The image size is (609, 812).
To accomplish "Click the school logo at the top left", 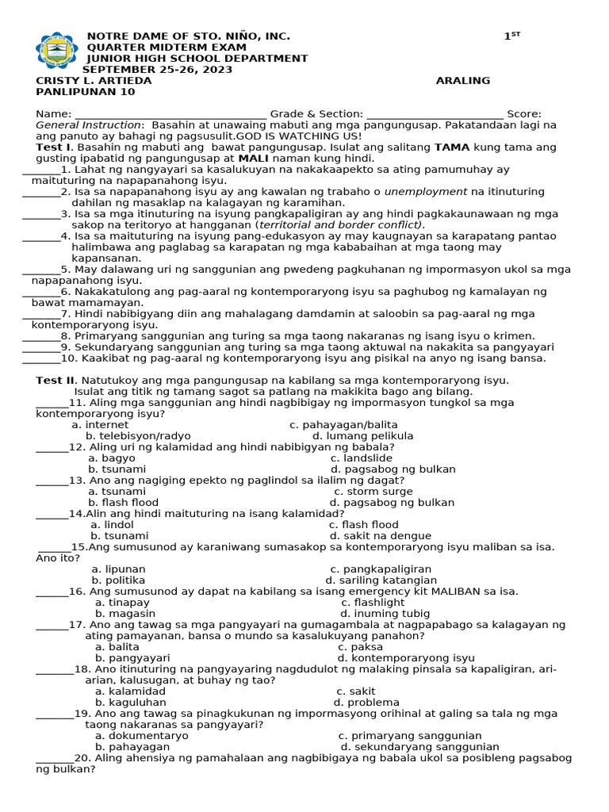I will tap(56, 51).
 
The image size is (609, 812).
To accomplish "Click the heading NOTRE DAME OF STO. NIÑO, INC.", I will tap(188, 36).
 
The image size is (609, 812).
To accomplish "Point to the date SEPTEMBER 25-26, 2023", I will tap(157, 70).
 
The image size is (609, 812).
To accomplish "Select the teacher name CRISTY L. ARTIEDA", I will tap(94, 81).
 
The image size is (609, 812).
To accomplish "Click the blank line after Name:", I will tap(170, 114).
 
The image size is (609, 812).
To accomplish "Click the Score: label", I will tap(524, 114).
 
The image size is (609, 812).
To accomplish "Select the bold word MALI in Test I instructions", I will tap(251, 159).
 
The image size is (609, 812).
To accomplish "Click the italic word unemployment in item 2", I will tap(426, 192).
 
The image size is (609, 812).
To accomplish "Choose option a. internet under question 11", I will tap(100, 425).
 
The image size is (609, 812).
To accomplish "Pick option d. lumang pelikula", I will tap(362, 436).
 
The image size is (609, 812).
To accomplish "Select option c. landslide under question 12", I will tap(361, 458).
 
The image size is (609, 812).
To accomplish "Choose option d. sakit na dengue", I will tap(370, 536).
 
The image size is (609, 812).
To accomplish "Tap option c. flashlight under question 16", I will tap(373, 603).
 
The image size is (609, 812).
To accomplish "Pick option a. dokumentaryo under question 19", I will tap(142, 736).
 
